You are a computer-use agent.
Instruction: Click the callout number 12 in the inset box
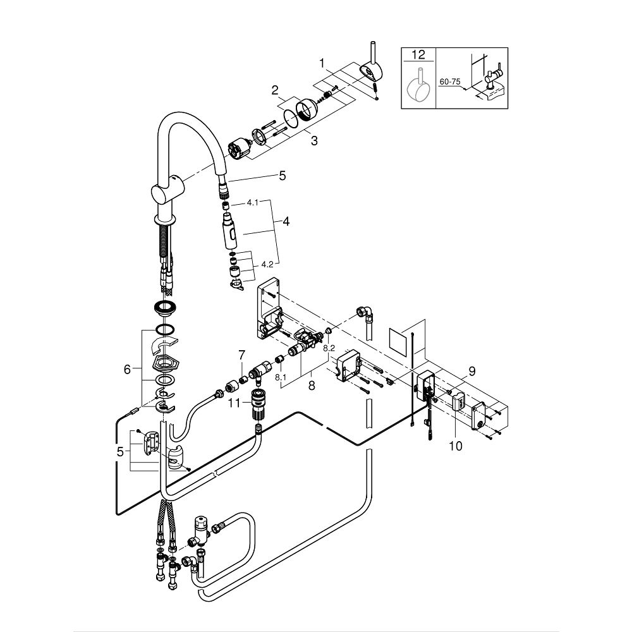click(x=418, y=54)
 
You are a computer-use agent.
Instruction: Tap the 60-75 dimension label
click(x=450, y=82)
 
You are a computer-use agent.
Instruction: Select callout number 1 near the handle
click(x=322, y=63)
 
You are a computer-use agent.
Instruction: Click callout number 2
click(x=275, y=90)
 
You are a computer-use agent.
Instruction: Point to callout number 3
click(x=314, y=141)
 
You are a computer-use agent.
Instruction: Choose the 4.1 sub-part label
click(x=252, y=202)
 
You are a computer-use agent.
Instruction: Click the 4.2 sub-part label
click(x=267, y=264)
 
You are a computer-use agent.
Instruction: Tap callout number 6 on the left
click(x=128, y=369)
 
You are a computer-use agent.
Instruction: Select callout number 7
click(x=241, y=355)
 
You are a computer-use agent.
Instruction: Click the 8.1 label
click(x=281, y=377)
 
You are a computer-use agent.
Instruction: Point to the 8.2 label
click(x=329, y=348)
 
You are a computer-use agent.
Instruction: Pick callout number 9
click(x=472, y=371)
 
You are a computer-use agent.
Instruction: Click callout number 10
click(x=456, y=446)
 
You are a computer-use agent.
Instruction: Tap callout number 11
click(x=234, y=403)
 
